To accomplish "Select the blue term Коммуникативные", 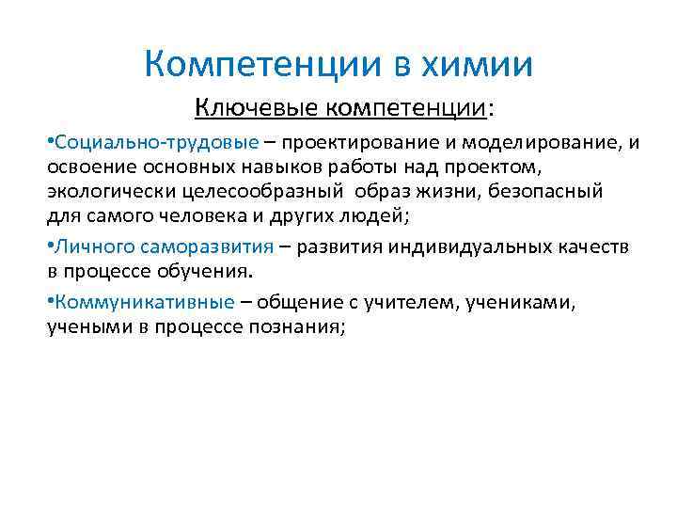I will tap(146, 304).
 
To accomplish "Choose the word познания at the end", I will tap(296, 328).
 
